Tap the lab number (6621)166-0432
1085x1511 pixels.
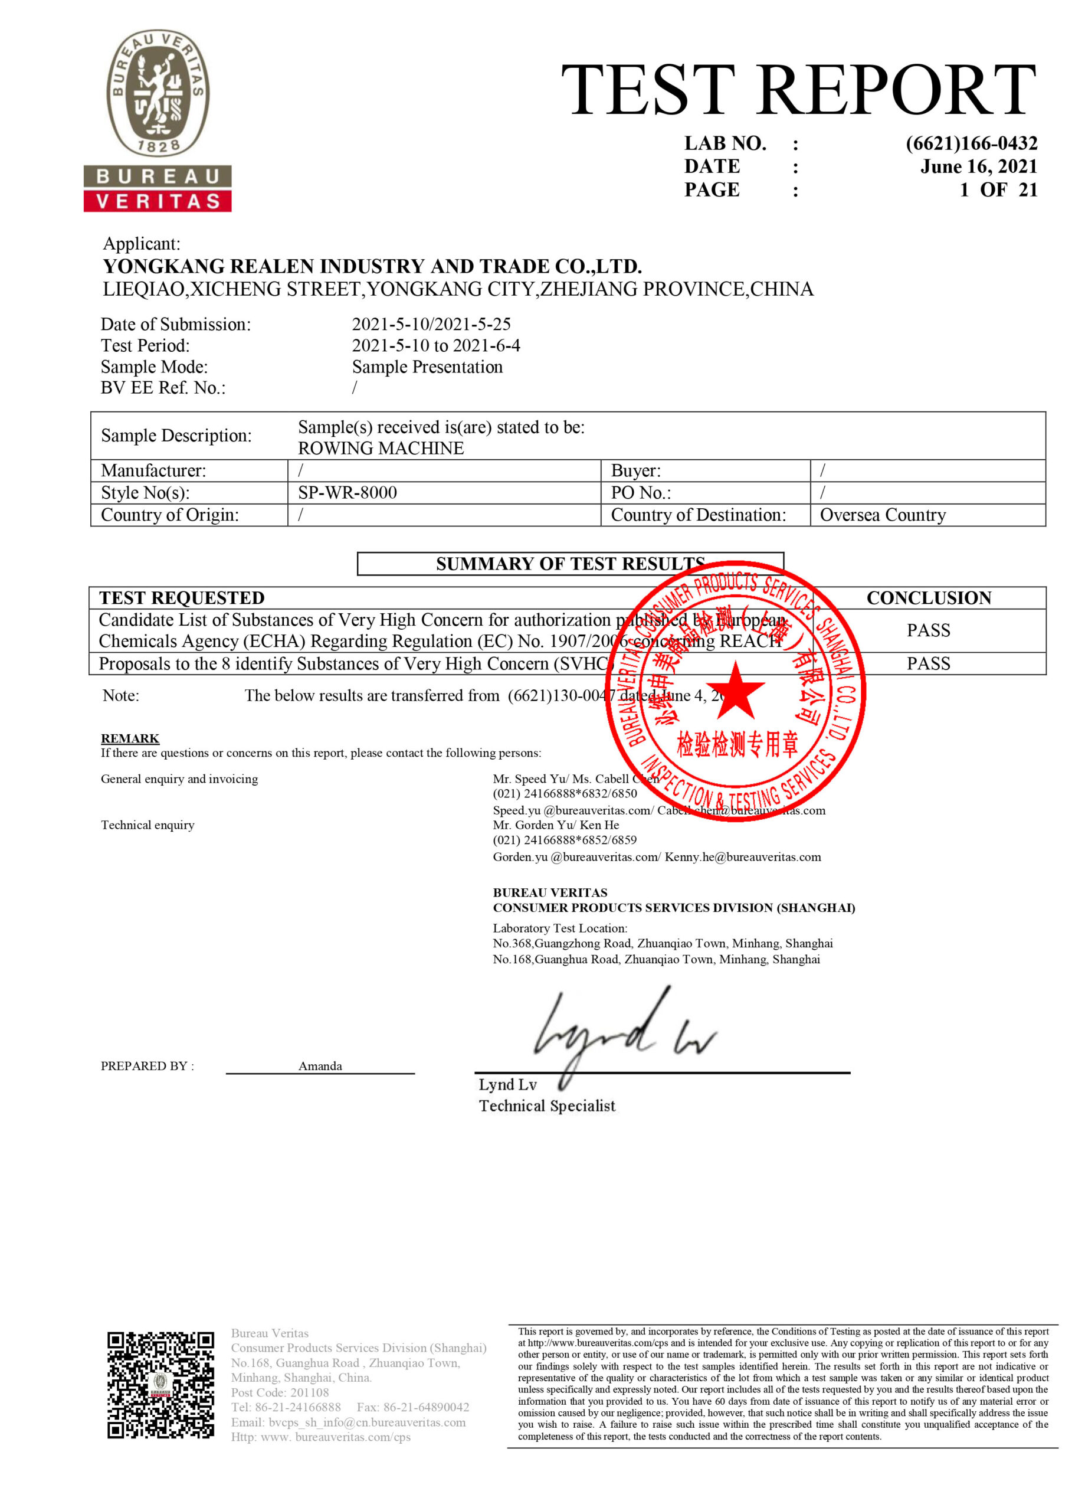click(971, 143)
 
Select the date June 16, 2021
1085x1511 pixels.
click(978, 166)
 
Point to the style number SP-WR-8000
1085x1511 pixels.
click(347, 492)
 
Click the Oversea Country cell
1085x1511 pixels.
click(882, 515)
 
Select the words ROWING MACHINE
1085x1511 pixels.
click(381, 449)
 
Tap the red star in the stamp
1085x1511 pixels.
click(735, 690)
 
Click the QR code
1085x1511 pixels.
click(160, 1385)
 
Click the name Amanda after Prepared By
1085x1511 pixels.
click(320, 1066)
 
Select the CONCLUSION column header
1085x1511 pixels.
click(928, 597)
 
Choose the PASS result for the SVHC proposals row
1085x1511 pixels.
click(928, 663)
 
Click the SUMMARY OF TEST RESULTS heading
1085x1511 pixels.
click(569, 564)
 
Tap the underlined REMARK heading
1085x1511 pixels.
click(130, 738)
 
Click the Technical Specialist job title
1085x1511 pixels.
click(547, 1107)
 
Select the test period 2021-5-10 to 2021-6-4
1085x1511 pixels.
click(435, 346)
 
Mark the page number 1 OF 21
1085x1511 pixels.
click(998, 190)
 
